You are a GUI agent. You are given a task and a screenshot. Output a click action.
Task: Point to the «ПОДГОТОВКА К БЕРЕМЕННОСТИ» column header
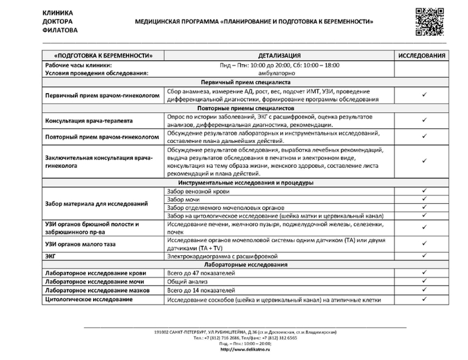[x=103, y=55]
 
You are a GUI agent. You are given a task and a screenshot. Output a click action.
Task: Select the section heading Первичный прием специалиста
[x=245, y=82]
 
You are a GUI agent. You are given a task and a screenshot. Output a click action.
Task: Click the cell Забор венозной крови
[x=198, y=192]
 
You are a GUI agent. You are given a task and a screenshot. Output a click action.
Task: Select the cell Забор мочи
[x=183, y=199]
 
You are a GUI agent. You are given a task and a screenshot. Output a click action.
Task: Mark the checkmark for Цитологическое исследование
[x=424, y=299]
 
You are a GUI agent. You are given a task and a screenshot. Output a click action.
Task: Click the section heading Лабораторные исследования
[x=245, y=265]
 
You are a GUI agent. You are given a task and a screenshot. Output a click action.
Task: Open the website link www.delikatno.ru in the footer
[x=246, y=350]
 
